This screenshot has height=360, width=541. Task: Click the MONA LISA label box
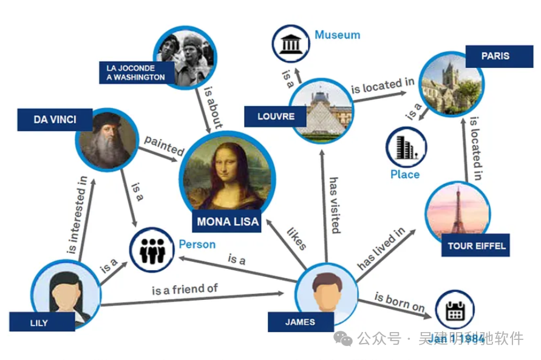(228, 222)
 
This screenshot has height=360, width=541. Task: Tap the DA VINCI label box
(55, 120)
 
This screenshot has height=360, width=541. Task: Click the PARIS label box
(495, 56)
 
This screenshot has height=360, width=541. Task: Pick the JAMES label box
(301, 322)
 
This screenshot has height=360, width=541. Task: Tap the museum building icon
(290, 42)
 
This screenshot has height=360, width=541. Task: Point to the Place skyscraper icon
(405, 146)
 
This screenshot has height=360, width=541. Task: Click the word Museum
(337, 35)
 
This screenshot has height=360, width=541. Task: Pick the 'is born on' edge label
(399, 303)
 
